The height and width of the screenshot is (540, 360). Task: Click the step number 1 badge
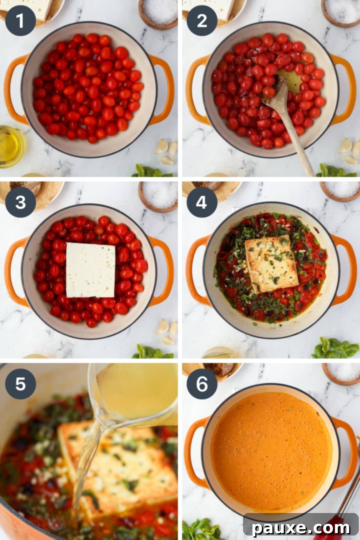(20, 21)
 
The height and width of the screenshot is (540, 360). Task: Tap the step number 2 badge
(202, 21)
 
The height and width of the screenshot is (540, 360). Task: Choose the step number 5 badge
(20, 383)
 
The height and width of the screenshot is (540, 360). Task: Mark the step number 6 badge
(202, 383)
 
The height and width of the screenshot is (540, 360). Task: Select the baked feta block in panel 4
(271, 264)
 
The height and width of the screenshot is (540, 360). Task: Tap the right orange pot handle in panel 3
(163, 270)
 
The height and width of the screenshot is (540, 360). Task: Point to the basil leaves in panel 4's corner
(334, 348)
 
